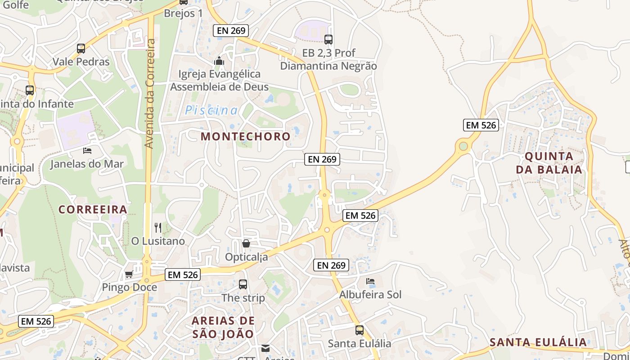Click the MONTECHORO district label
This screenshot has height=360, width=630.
[x=246, y=136]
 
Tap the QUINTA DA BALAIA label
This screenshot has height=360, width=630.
[x=549, y=163]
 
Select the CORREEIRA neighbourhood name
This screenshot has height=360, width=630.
[x=93, y=210]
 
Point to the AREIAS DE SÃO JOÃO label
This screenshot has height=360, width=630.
[x=223, y=327]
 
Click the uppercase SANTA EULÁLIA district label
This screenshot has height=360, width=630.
[x=538, y=342]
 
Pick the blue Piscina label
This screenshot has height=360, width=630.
[x=211, y=110]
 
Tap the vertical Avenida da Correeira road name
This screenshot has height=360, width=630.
[x=150, y=94]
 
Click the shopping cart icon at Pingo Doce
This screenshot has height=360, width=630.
[x=129, y=274]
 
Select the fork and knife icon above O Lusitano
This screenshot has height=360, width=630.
[x=157, y=228]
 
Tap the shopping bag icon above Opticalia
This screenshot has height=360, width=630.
[x=246, y=244]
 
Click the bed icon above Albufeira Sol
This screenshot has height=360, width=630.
[x=370, y=282]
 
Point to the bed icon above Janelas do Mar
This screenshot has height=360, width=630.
[x=87, y=150]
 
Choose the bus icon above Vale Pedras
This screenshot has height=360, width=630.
[x=81, y=49]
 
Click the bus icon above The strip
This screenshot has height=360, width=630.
[x=243, y=284]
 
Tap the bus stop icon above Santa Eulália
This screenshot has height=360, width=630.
[x=359, y=330]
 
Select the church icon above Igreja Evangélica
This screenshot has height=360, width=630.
[x=219, y=61]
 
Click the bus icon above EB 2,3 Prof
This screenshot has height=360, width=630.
[x=328, y=40]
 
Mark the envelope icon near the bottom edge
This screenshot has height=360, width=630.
[x=265, y=348]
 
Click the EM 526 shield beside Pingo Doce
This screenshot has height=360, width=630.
[x=183, y=274]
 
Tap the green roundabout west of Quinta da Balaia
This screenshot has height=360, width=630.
[x=463, y=146]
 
